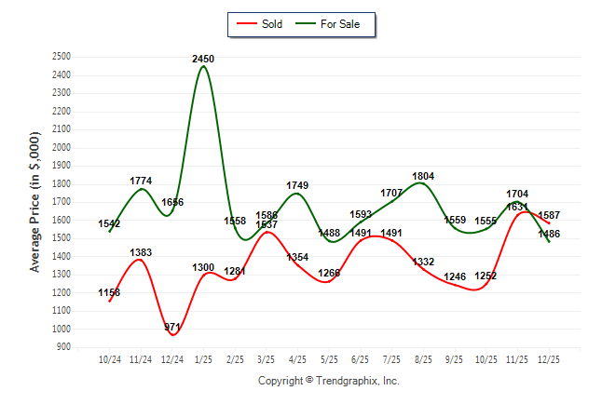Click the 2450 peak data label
pos(203,59)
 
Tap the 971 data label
pos(172,327)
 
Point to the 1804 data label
pos(423,176)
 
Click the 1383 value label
pos(141,252)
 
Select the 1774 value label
pos(141,181)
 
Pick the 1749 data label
pos(297,185)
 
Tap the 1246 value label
pos(454,276)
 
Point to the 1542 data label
pos(110,223)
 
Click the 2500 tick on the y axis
pos(62,57)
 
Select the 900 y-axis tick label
pos(64,347)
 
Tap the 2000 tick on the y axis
pos(62,148)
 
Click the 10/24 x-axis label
pos(110,359)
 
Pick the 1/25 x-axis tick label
pos(203,359)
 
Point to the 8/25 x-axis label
pos(423,359)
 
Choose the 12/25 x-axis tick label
pos(548,359)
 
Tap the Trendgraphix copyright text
pos(328,381)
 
